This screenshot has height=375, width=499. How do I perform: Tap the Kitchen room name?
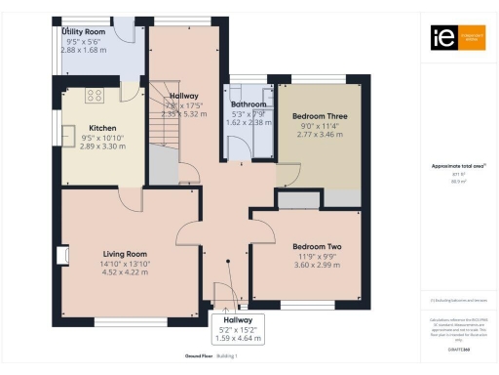click(x=102, y=128)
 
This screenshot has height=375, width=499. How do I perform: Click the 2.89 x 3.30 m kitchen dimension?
click(x=102, y=146)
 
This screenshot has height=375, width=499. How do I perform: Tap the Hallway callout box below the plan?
click(x=238, y=329)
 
